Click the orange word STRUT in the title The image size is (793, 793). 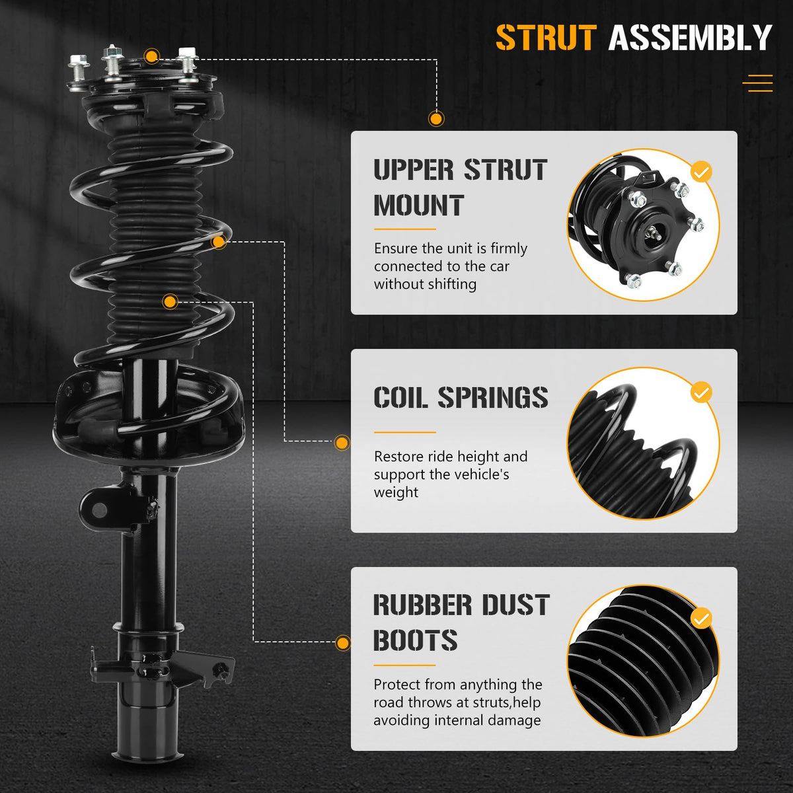[x=546, y=38]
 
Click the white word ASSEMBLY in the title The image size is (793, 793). [x=690, y=38]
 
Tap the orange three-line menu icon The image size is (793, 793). [x=757, y=83]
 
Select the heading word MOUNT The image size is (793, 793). [x=419, y=205]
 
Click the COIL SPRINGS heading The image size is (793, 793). [x=461, y=398]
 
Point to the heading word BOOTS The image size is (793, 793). [x=415, y=640]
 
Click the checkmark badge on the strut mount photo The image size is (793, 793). [x=701, y=172]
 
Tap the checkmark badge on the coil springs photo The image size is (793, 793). [x=701, y=393]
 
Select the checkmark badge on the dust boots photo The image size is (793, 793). [x=701, y=619]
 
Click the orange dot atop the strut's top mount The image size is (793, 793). [x=152, y=56]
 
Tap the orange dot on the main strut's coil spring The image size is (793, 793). [x=219, y=242]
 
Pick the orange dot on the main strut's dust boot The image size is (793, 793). [x=170, y=301]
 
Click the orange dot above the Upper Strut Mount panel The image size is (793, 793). [x=435, y=119]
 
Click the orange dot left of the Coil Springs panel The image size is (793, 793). [x=342, y=443]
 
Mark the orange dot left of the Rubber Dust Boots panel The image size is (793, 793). [x=343, y=643]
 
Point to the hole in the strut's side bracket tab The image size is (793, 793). [x=99, y=510]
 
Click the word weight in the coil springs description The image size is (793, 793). [x=396, y=492]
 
